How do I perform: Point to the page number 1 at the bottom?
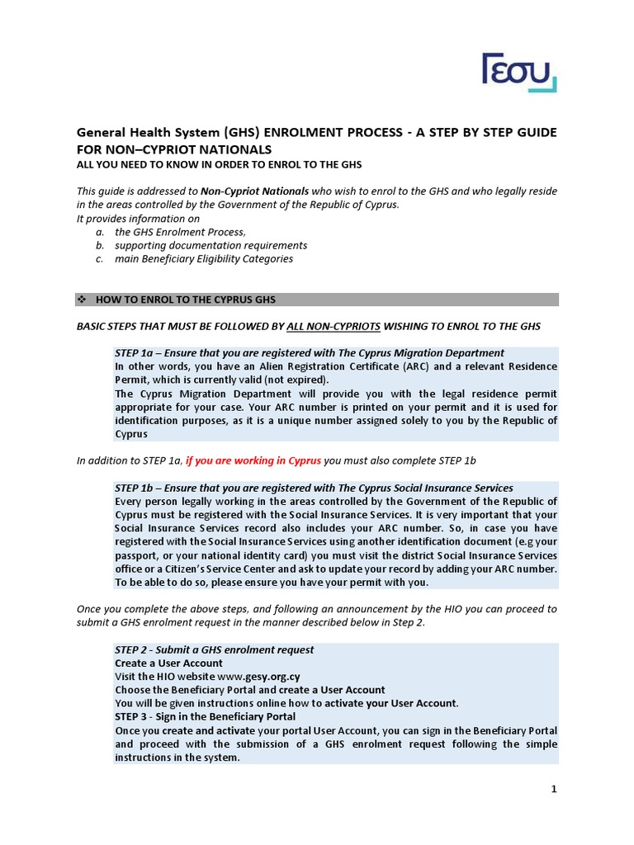tap(554, 790)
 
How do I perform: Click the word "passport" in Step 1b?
tap(137, 555)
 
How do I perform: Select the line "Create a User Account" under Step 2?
tap(168, 663)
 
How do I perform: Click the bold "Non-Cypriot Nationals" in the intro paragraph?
tap(255, 191)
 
